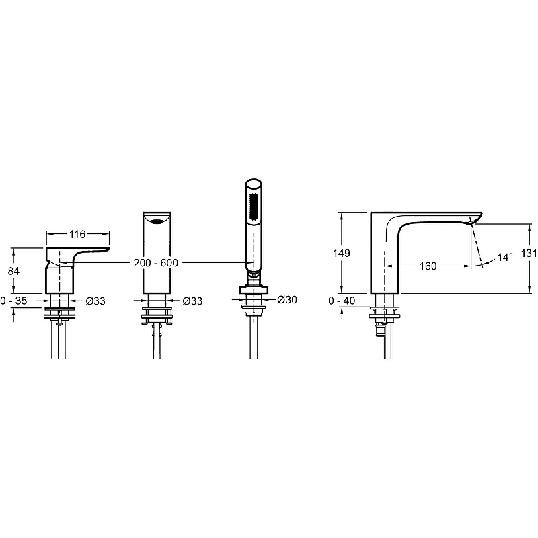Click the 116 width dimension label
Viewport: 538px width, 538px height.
tap(77, 234)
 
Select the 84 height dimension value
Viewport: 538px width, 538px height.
tap(13, 271)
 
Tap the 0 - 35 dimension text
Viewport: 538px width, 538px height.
tap(13, 301)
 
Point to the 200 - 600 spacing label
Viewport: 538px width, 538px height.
tap(156, 263)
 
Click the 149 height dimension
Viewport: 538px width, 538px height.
tap(342, 254)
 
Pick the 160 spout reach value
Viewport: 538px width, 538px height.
tap(428, 266)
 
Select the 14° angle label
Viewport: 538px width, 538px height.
tap(505, 257)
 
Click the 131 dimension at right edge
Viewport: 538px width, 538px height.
tap(529, 254)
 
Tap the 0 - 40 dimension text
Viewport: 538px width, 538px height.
tap(342, 301)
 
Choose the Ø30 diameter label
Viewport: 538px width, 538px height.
tap(287, 299)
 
